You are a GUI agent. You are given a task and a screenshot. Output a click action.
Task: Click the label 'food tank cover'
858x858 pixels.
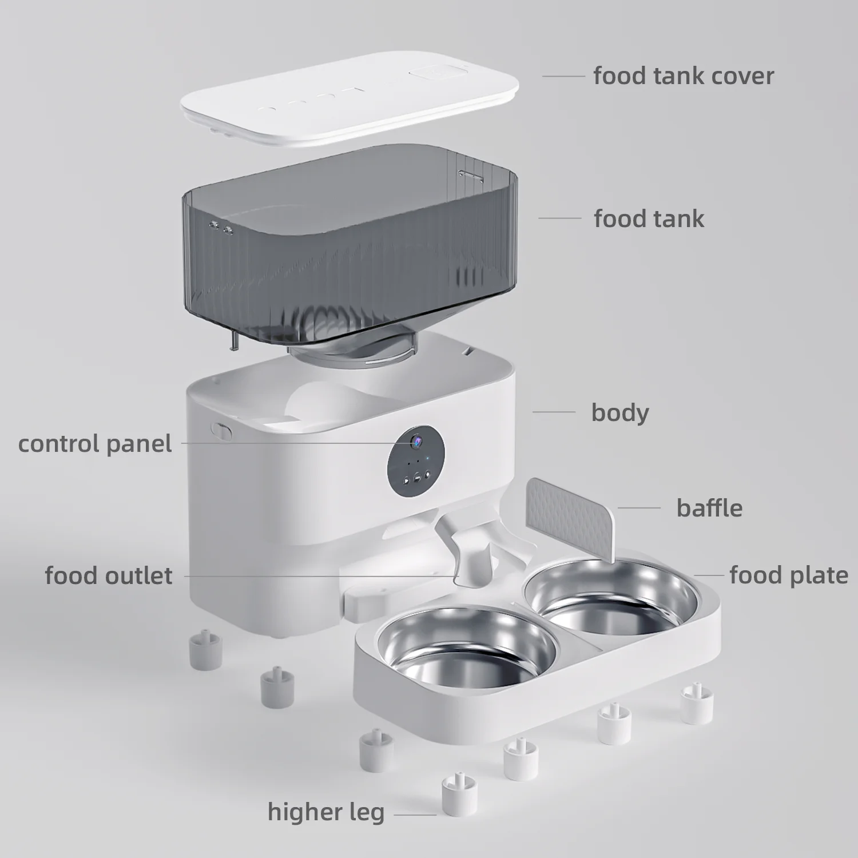coord(683,76)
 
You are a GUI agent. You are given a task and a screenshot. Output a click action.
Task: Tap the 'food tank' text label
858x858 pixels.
coord(649,219)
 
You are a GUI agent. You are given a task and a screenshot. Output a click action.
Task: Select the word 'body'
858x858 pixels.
coord(620,412)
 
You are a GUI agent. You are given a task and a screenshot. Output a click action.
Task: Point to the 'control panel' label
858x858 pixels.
coord(95,444)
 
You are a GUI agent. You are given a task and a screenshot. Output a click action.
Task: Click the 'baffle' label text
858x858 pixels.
coord(709,508)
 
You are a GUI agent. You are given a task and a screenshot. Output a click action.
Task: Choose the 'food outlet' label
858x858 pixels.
coord(109,575)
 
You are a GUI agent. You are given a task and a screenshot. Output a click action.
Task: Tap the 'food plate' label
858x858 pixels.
coord(788,575)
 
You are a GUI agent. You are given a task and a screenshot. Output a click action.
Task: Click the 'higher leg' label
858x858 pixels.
coord(326,812)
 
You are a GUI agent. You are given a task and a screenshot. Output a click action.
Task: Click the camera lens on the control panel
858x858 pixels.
coord(416,441)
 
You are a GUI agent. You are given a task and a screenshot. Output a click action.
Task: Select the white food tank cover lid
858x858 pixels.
coord(349,100)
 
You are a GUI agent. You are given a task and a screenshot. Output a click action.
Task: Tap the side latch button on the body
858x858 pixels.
coord(222,430)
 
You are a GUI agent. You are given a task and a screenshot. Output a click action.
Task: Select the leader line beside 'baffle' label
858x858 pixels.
coord(639,507)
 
